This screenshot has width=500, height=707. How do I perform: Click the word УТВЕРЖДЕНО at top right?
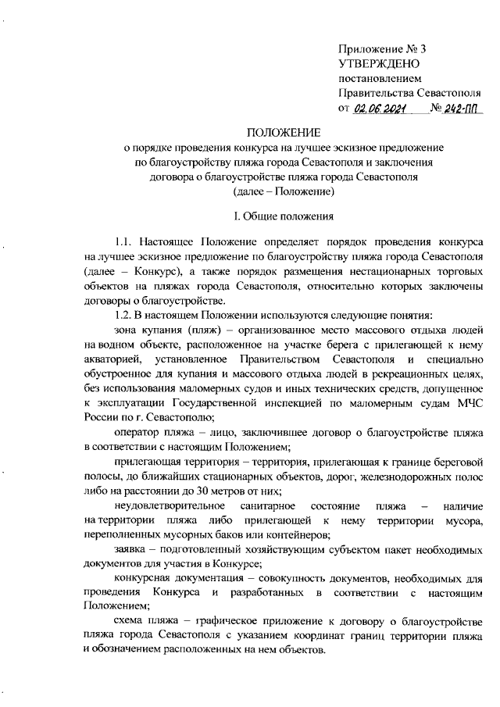point(379,63)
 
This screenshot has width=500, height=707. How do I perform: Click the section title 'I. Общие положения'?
point(284,216)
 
